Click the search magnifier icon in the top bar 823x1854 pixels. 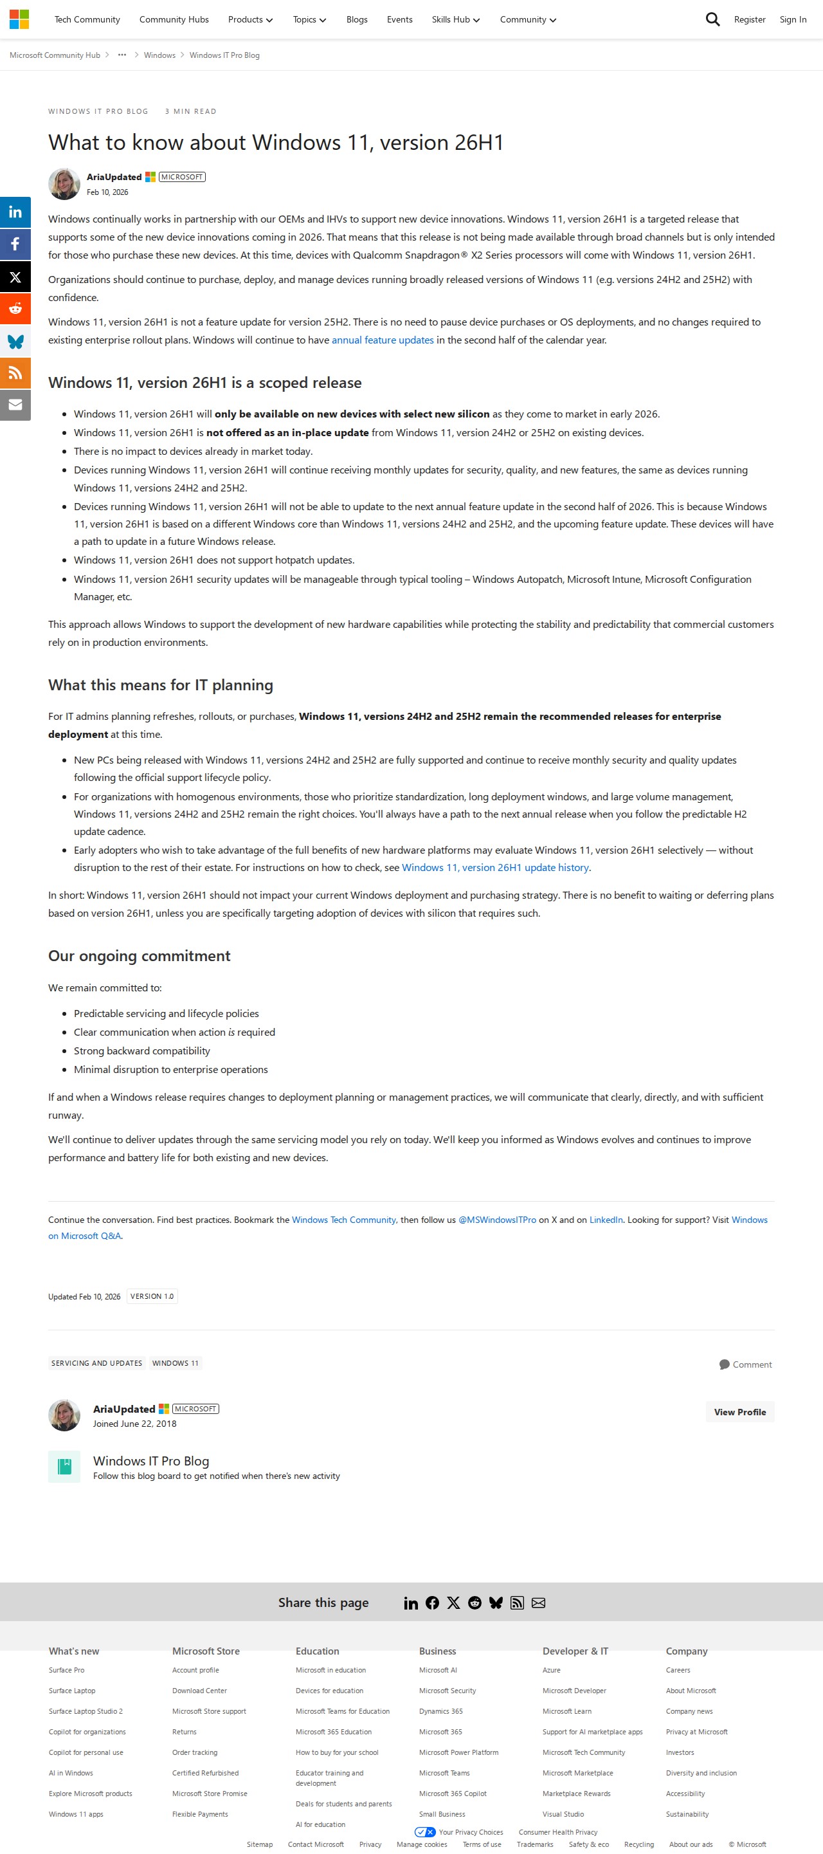click(712, 19)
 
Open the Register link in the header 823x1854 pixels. click(749, 19)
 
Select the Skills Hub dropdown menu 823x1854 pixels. click(455, 19)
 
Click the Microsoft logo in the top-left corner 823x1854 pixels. click(19, 19)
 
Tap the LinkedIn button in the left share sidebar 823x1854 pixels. click(15, 212)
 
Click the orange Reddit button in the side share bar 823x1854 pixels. click(15, 309)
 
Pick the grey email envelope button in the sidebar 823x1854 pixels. click(15, 405)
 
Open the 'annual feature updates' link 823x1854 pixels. click(382, 340)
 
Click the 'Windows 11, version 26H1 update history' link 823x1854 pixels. click(495, 868)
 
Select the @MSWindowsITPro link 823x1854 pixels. click(497, 1220)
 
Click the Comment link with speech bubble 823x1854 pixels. click(745, 1364)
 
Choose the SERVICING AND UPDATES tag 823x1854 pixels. click(96, 1363)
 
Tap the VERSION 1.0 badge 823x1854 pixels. click(152, 1296)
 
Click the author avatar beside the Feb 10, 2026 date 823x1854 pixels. click(64, 184)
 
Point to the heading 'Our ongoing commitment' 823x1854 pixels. click(140, 956)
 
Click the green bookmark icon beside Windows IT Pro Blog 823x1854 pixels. click(64, 1467)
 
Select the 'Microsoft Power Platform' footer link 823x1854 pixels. click(458, 1752)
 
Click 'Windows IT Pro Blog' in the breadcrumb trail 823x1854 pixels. click(224, 55)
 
